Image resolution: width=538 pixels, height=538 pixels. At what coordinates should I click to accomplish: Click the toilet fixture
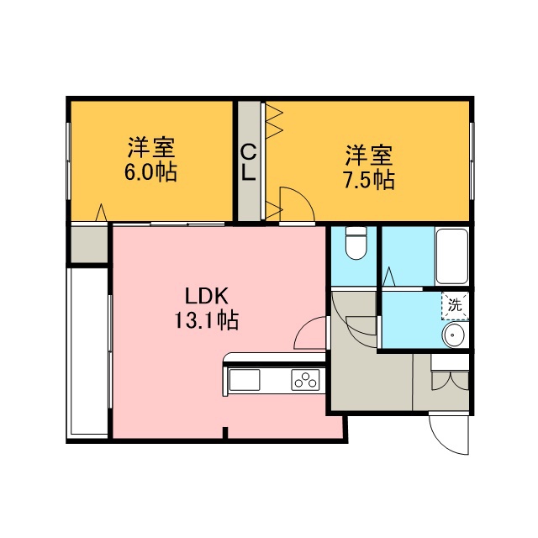coord(356,243)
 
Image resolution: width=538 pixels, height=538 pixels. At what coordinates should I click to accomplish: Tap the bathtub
coord(452,256)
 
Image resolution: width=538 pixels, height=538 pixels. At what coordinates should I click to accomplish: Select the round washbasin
coord(453,335)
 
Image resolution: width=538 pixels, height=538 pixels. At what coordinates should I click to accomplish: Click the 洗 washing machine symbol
coord(456,306)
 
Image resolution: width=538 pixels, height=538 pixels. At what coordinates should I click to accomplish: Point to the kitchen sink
coord(245,380)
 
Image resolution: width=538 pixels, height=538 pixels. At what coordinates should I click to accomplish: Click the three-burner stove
coord(305,380)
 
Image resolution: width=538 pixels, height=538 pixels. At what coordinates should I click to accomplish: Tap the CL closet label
coord(248,162)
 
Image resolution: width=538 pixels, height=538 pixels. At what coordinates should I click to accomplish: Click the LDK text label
coord(207,296)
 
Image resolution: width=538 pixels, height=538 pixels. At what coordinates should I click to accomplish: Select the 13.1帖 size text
coord(207,320)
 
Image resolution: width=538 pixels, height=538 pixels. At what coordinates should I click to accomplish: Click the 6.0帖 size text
coord(150,172)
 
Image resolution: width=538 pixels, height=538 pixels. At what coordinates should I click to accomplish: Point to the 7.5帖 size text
coord(369,180)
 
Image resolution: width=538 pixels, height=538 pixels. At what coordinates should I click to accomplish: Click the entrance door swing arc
coord(443,443)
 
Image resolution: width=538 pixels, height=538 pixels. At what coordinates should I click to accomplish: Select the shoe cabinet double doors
coord(450,380)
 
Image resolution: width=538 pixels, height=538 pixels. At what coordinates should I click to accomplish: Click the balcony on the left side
coord(89,351)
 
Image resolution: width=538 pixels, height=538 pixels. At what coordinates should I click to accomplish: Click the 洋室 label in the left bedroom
coord(151,147)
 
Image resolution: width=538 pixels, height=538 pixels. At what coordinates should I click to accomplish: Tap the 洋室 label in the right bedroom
coord(369,155)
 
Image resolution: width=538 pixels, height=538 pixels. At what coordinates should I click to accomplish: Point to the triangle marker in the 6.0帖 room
coord(101,213)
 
